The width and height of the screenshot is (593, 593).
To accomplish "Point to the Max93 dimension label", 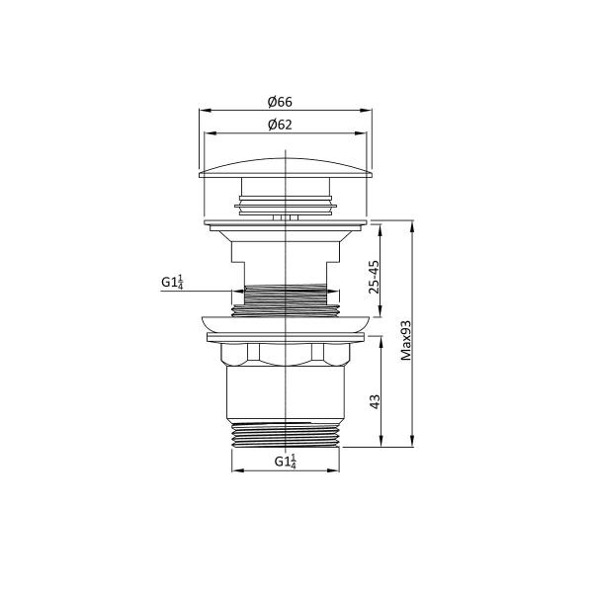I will (x=406, y=341).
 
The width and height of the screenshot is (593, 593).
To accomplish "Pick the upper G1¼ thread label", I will (x=173, y=283).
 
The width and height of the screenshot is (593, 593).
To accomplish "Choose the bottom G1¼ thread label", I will (x=285, y=462).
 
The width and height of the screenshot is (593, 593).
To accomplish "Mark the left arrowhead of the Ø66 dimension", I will (x=203, y=111).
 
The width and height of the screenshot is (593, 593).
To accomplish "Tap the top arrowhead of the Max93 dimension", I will (x=412, y=224).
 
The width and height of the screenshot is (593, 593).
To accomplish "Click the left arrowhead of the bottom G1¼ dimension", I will (x=234, y=469).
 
